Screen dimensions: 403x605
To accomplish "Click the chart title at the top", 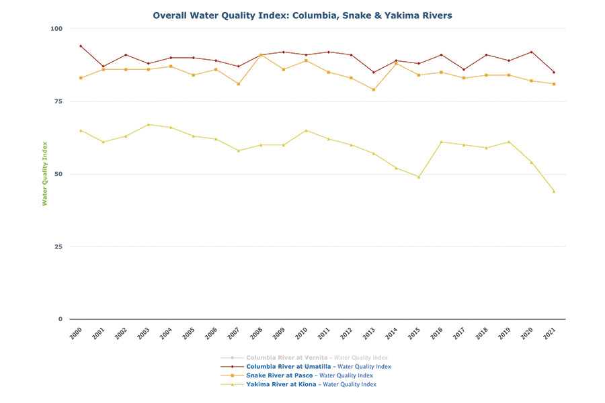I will click(302, 14).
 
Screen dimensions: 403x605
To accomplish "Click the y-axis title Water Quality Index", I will click(45, 173).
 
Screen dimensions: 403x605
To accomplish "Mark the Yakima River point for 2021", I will click(554, 191).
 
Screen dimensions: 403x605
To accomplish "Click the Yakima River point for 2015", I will click(419, 177).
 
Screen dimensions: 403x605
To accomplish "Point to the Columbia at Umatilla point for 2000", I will click(81, 46).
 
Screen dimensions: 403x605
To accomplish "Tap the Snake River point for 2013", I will click(374, 89).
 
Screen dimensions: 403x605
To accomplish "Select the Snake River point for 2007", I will click(239, 84).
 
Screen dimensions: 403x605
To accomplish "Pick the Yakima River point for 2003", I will click(149, 124).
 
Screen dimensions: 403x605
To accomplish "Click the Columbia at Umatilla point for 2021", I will click(554, 72).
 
